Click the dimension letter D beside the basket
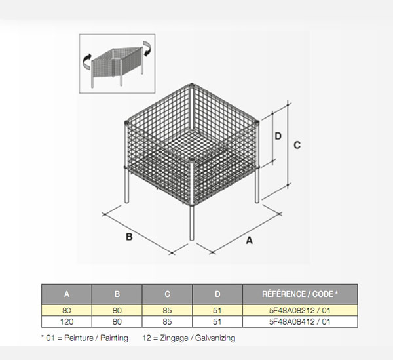click(278, 136)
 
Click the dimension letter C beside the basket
click(297, 145)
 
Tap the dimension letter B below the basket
click(129, 237)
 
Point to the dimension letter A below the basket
click(249, 241)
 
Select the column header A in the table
click(67, 294)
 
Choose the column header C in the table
click(167, 294)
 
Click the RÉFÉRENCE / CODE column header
click(300, 294)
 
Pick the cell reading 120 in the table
click(67, 321)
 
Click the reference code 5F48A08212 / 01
click(300, 311)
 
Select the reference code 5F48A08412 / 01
click(300, 321)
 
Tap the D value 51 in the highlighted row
click(217, 311)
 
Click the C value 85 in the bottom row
click(167, 321)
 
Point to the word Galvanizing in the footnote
click(215, 338)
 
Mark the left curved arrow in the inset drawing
click(86, 61)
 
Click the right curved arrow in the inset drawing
click(147, 49)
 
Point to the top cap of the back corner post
click(192, 85)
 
